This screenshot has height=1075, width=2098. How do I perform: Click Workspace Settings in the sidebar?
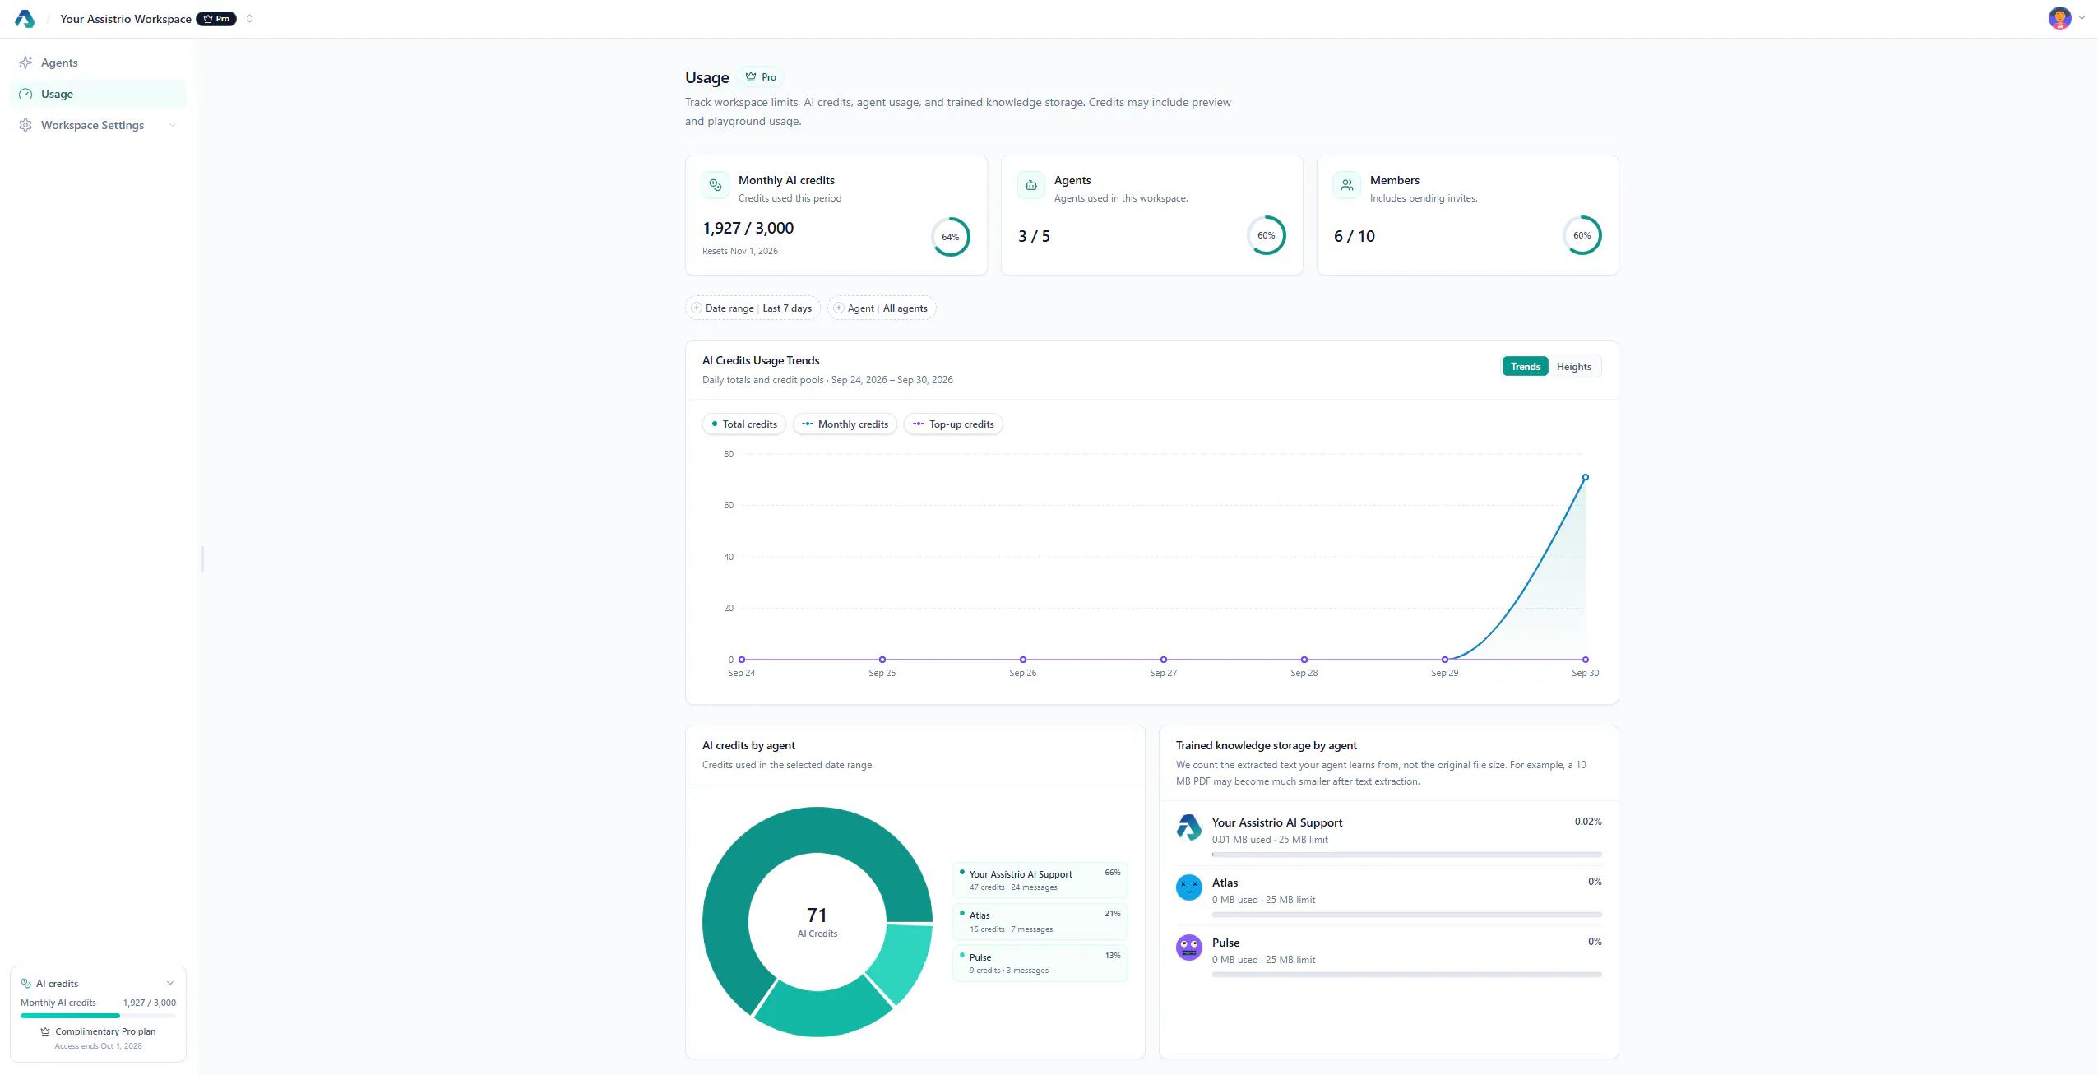pos(92,125)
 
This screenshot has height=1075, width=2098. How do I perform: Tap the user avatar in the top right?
pos(2059,18)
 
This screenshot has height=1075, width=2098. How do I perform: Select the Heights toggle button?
pos(1573,367)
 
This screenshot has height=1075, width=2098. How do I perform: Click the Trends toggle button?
pos(1525,367)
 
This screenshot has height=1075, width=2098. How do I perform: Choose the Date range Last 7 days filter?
pos(753,308)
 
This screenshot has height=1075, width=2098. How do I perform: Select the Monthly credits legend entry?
pos(845,424)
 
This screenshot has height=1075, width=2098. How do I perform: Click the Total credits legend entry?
pos(744,424)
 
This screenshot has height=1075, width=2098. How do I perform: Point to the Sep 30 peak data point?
pos(1585,477)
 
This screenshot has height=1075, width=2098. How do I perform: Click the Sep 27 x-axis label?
pos(1163,673)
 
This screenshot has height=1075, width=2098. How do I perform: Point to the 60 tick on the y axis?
pos(729,505)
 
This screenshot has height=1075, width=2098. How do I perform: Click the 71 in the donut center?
pos(817,915)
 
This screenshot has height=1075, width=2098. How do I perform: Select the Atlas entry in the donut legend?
pos(1040,922)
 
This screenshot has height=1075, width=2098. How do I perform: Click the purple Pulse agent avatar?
pos(1188,948)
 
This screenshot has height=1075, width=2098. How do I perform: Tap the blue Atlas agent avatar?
pos(1188,887)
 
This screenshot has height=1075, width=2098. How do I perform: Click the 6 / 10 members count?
pos(1354,237)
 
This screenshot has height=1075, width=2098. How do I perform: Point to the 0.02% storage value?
pos(1587,822)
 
